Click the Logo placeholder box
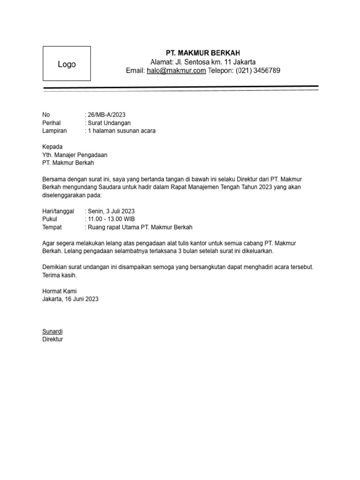point(67,64)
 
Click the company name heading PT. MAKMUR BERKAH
point(203,52)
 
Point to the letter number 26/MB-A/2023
point(106,114)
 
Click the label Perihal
point(52,123)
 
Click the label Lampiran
point(54,131)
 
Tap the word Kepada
point(52,147)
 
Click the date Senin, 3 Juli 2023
point(111,211)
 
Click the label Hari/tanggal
point(58,211)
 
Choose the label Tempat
point(52,227)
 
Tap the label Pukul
point(50,219)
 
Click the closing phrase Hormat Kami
point(60,291)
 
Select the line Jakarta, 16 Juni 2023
point(70,299)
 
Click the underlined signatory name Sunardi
point(52,331)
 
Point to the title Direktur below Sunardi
point(52,339)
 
